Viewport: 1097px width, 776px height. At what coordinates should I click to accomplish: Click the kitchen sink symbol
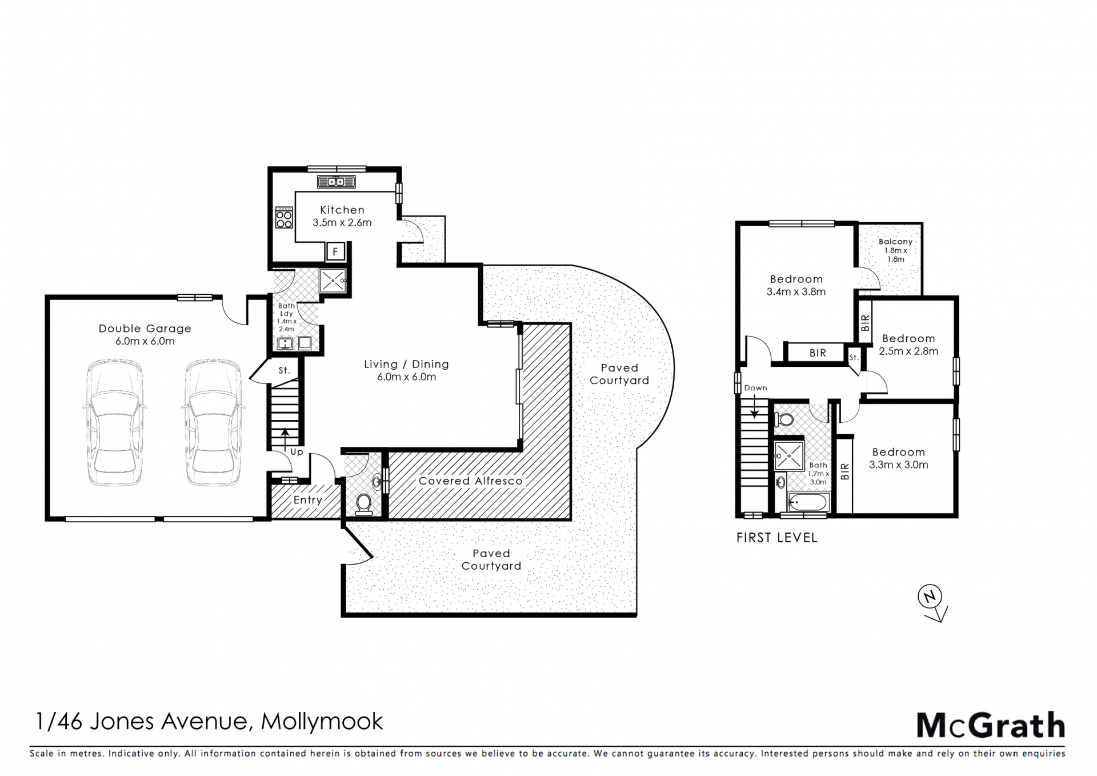click(x=337, y=182)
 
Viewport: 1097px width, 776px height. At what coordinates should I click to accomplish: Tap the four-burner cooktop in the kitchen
click(x=284, y=218)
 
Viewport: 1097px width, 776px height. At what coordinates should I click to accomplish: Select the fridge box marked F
click(x=335, y=251)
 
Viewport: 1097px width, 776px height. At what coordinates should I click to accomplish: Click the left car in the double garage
click(x=115, y=422)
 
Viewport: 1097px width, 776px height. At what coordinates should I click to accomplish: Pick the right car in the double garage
click(x=213, y=422)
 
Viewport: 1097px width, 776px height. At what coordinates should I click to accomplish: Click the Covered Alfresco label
click(x=471, y=481)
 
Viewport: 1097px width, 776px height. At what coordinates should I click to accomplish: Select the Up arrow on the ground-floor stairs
click(x=285, y=439)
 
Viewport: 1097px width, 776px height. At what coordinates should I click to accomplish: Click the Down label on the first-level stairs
click(x=755, y=388)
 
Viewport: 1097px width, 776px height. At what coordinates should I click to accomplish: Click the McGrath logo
click(x=991, y=726)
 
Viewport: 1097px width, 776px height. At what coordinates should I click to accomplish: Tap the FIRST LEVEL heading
click(x=777, y=538)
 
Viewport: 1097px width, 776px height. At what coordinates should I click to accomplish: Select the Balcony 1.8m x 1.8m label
click(x=895, y=250)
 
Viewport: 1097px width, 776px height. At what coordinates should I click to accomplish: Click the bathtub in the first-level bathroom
click(x=808, y=503)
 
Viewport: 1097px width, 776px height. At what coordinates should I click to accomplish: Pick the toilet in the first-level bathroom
click(x=784, y=420)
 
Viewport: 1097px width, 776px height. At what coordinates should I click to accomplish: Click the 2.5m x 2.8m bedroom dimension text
click(x=908, y=351)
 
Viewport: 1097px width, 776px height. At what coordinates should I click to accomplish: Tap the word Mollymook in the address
click(x=322, y=722)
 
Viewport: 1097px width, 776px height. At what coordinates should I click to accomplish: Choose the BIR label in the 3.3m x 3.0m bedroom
click(x=846, y=471)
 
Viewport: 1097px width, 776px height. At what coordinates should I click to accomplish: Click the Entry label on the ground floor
click(x=308, y=501)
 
